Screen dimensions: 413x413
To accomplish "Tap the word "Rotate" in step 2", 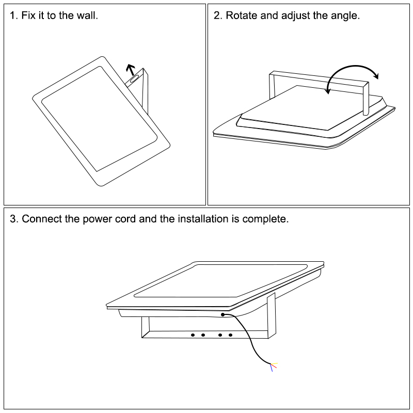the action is (242, 15).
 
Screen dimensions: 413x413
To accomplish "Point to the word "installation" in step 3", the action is (203, 219).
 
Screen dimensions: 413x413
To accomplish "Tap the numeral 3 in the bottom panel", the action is (12, 219).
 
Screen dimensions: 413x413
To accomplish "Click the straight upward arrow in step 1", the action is (131, 70).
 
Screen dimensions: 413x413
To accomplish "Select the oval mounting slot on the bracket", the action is (134, 78).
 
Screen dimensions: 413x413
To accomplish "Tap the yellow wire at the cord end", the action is (274, 363).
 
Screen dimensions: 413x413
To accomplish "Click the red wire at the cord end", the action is (274, 366).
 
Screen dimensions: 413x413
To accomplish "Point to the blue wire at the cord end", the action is (272, 368).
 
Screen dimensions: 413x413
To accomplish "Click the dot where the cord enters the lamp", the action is (223, 314).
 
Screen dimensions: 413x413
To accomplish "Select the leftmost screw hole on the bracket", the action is (193, 335).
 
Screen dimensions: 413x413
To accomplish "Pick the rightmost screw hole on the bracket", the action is (230, 335).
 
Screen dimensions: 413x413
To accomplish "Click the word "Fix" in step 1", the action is (28, 15).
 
